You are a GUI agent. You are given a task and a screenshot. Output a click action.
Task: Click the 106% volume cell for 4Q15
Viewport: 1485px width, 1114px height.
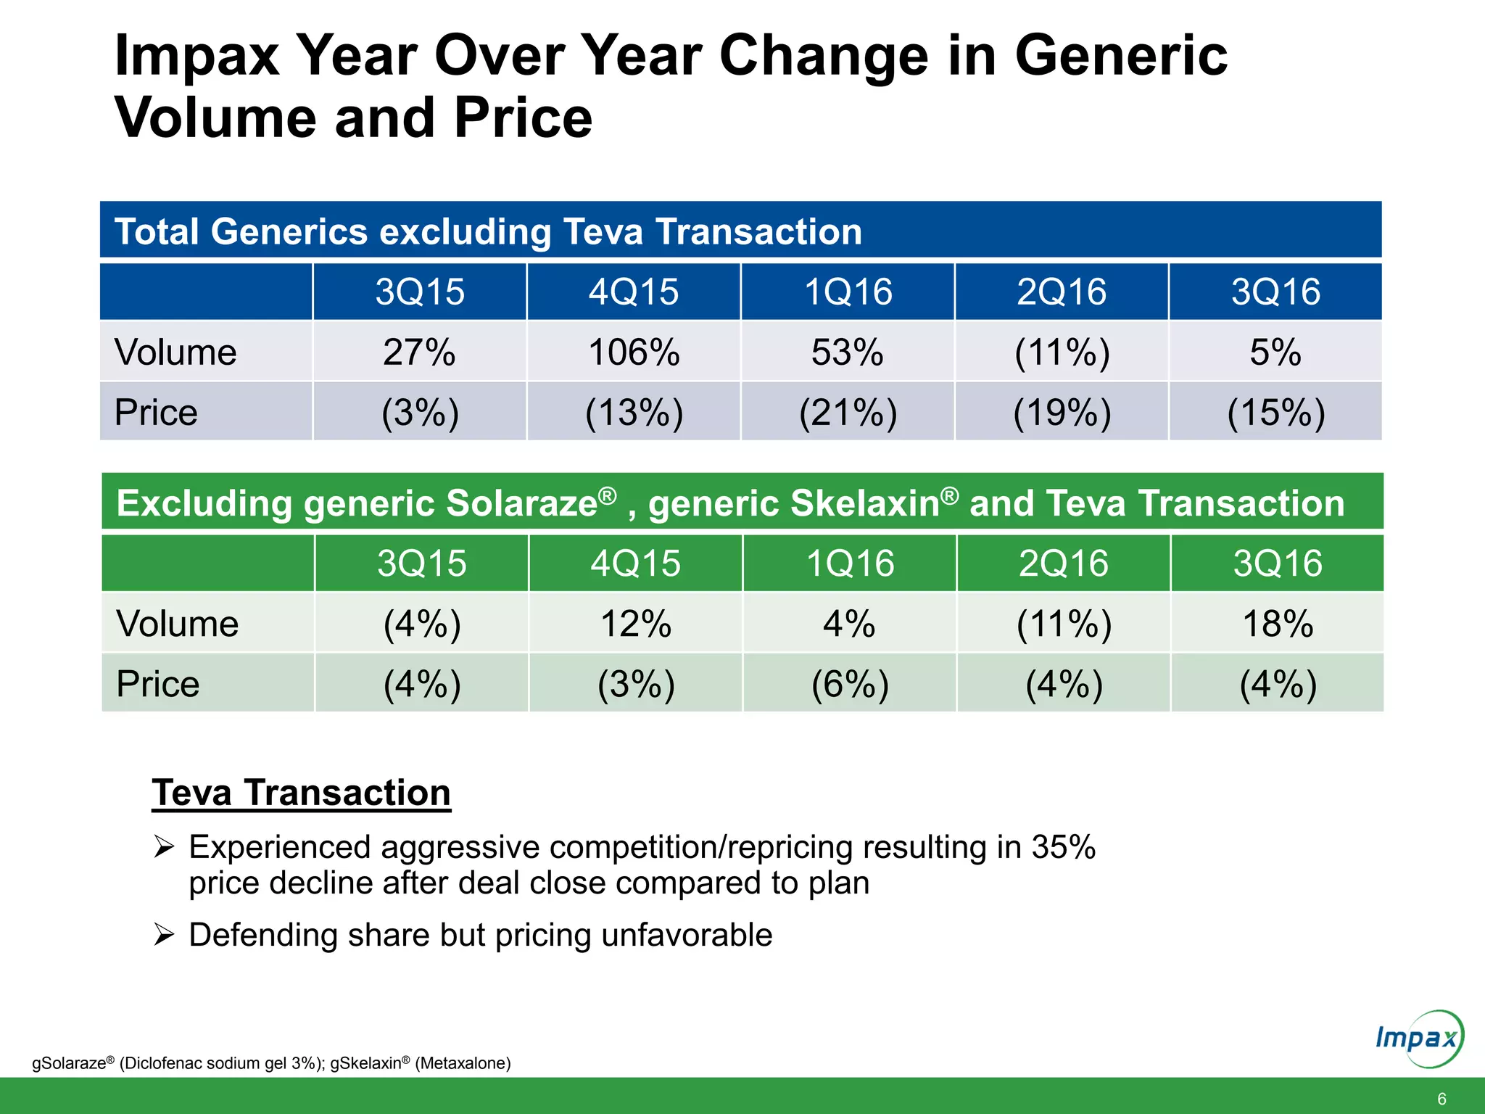[x=634, y=352]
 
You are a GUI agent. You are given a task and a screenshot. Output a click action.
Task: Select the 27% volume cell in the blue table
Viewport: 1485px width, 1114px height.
[x=419, y=352]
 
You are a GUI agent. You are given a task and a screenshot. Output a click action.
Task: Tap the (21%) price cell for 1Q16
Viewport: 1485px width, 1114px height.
[x=848, y=413]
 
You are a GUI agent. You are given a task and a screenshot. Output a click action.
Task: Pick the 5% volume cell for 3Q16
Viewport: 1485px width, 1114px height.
[x=1275, y=352]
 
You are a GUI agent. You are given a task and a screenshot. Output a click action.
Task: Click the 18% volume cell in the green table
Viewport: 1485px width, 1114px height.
[x=1278, y=624]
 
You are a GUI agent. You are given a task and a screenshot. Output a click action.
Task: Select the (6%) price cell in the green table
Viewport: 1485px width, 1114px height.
[x=850, y=684]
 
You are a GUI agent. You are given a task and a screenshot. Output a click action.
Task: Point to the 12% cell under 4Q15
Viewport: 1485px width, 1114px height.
[x=636, y=624]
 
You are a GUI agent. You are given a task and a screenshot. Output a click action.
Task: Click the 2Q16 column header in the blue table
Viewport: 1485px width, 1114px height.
[x=1062, y=292]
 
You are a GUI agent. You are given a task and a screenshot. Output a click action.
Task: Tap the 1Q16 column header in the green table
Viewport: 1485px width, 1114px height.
[x=850, y=564]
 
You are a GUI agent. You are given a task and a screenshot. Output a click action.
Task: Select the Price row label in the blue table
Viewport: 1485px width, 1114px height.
[x=156, y=413]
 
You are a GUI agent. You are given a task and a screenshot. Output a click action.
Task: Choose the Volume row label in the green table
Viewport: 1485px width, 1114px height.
[x=177, y=624]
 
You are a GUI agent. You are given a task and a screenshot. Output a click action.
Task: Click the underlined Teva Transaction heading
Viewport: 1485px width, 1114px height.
[x=301, y=792]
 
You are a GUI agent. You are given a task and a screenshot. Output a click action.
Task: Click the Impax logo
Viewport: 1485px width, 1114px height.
[x=1418, y=1039]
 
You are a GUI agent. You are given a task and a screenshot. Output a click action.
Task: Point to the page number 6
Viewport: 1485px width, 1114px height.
[x=1441, y=1099]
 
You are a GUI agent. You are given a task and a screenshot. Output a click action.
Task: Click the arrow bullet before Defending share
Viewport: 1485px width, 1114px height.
[x=164, y=935]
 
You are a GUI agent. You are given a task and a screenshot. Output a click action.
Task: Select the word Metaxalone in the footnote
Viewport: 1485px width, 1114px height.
[x=463, y=1063]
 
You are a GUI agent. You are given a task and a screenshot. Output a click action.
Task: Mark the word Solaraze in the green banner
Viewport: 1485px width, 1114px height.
[x=521, y=503]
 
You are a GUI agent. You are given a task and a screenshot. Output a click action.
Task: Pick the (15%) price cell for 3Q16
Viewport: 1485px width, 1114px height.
[x=1275, y=413]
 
